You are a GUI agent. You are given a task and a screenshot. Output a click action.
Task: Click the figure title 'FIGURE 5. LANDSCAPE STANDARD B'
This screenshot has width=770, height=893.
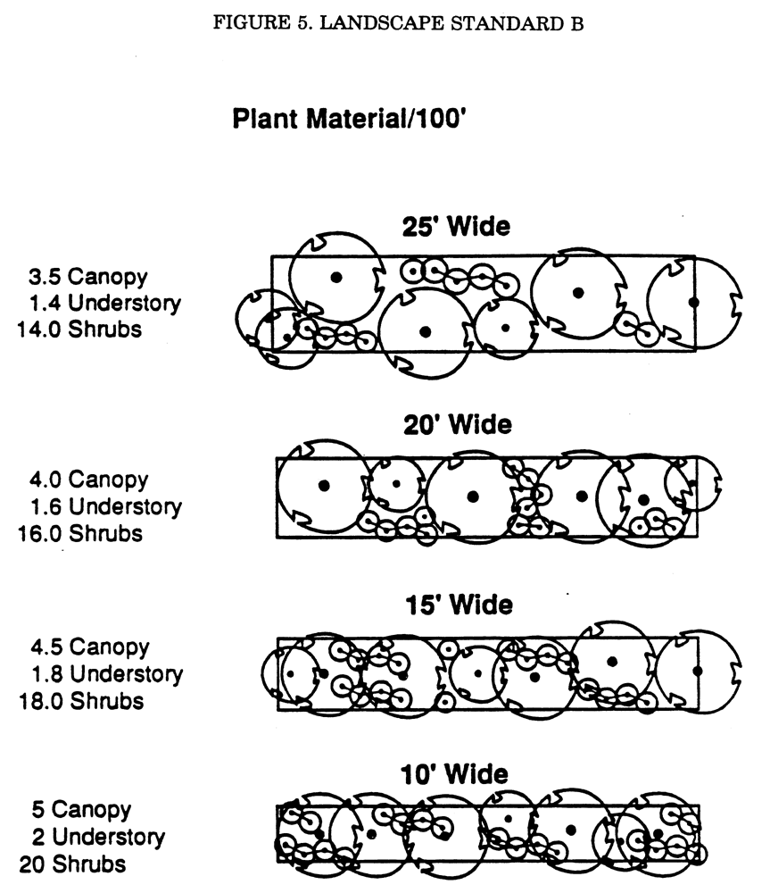(398, 23)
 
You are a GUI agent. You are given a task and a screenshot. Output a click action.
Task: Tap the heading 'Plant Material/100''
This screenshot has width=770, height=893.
(350, 119)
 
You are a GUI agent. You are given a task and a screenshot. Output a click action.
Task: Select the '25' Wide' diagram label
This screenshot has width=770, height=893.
(457, 226)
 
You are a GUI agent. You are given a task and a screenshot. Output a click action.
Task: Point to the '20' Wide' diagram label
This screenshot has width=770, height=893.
(458, 425)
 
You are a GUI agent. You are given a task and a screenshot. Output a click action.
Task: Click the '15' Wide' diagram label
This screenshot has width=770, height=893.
(459, 605)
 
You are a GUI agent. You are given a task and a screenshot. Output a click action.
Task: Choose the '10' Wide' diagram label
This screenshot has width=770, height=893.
(454, 774)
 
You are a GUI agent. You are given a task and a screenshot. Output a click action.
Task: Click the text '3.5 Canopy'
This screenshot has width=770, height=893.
(88, 278)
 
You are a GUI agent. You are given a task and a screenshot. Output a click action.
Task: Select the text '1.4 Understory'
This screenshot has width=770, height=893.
(105, 304)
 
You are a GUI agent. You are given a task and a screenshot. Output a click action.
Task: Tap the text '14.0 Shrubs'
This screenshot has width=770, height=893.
(79, 330)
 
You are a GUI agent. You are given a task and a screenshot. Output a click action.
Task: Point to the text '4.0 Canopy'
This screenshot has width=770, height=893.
(89, 480)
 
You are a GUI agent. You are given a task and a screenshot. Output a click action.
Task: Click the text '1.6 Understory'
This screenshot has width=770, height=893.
(106, 507)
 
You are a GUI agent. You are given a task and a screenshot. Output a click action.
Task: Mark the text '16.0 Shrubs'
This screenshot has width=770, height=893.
(80, 534)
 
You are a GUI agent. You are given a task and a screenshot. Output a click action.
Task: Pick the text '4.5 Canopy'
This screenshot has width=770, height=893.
(90, 647)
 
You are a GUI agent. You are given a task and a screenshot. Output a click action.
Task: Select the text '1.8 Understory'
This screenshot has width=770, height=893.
(108, 674)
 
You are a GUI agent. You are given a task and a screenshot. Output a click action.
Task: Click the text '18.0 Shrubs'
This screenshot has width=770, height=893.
(81, 701)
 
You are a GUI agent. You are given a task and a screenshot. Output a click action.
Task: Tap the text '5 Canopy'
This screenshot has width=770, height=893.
(82, 810)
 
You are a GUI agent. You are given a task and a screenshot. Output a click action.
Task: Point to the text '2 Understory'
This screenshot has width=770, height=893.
(98, 838)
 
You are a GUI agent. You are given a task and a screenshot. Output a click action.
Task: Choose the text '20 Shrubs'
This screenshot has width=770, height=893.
(72, 864)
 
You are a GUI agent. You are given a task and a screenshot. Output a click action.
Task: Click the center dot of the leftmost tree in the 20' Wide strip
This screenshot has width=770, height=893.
(325, 486)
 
